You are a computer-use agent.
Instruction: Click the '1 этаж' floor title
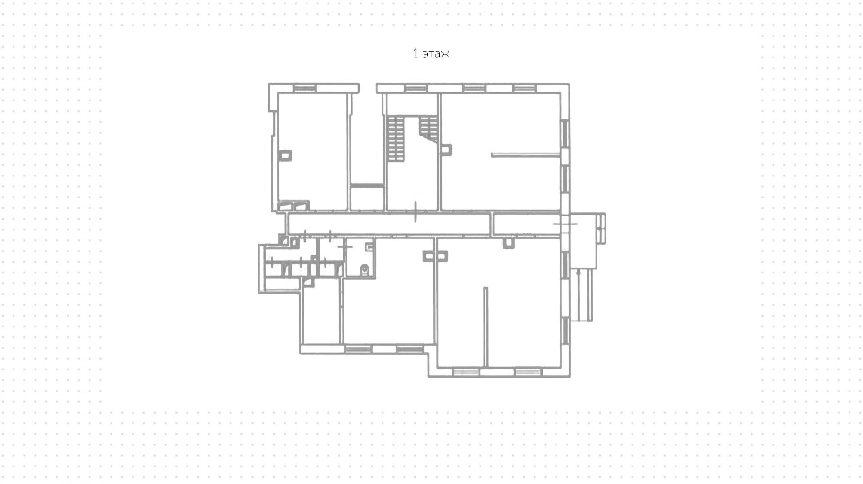(x=431, y=54)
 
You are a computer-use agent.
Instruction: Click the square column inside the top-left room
(x=285, y=155)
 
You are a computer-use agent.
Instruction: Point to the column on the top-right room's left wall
(x=446, y=150)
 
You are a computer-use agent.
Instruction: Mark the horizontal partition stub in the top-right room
(x=526, y=155)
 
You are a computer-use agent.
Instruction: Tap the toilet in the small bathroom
(x=365, y=269)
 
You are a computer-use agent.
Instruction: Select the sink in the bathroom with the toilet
(x=369, y=246)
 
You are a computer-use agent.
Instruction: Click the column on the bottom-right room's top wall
(x=508, y=243)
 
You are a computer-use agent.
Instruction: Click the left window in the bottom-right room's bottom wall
(x=465, y=372)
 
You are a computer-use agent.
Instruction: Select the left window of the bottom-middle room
(x=358, y=349)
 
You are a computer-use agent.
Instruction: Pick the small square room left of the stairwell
(x=367, y=198)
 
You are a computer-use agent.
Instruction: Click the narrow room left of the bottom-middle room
(x=320, y=314)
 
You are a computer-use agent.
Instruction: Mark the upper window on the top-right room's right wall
(x=565, y=133)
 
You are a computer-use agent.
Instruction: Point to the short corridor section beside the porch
(x=526, y=224)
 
